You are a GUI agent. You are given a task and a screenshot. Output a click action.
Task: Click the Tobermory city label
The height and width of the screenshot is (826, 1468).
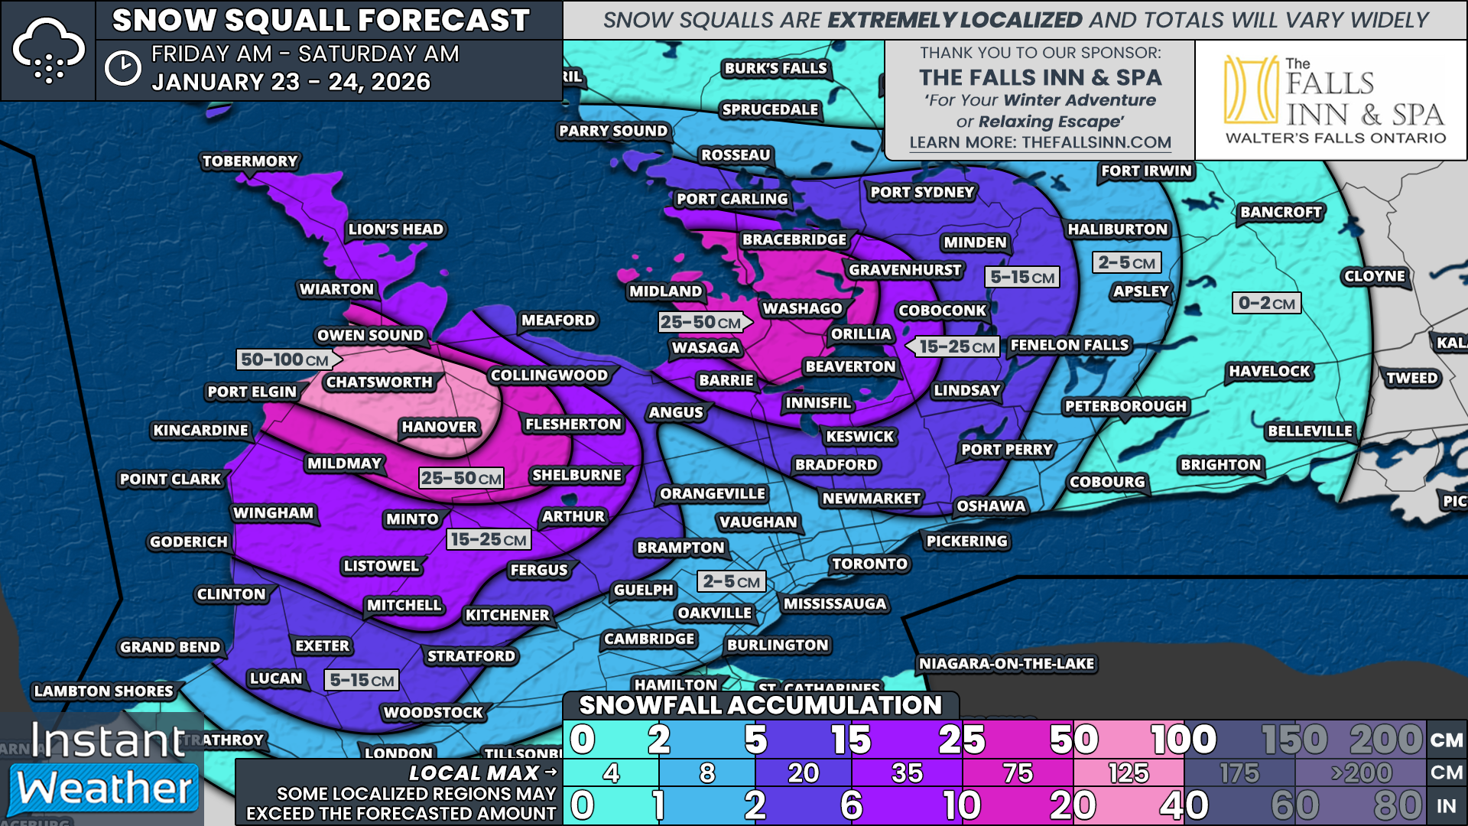(x=250, y=161)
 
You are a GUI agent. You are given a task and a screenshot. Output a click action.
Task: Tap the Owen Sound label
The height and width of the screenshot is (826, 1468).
(x=370, y=335)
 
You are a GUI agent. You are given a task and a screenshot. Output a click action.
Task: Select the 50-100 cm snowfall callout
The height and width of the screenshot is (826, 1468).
(x=285, y=359)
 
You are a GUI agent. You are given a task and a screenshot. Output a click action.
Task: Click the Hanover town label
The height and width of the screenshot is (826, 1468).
(x=439, y=427)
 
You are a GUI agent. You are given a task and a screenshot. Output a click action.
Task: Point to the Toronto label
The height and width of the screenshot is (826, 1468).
(x=869, y=564)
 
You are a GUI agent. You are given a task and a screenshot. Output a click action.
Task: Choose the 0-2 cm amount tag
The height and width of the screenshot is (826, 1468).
(x=1266, y=303)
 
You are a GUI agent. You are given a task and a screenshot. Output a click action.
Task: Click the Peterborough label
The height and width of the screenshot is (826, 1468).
(x=1125, y=406)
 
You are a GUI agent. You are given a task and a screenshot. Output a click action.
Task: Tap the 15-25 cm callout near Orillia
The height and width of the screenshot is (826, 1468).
(x=956, y=346)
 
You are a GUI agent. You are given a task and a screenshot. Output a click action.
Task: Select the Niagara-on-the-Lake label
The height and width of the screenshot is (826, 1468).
(x=1006, y=663)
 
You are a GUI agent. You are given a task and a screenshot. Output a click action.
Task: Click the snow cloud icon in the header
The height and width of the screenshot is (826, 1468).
(x=48, y=50)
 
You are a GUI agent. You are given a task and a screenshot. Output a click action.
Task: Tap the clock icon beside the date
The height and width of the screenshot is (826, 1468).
(x=122, y=68)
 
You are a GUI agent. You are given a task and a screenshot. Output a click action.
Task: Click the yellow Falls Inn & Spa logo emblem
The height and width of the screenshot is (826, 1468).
(x=1251, y=89)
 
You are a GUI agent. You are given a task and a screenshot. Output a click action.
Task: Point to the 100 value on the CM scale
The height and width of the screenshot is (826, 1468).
(x=1183, y=740)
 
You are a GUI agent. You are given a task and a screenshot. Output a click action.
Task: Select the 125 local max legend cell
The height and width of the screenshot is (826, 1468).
(x=1129, y=773)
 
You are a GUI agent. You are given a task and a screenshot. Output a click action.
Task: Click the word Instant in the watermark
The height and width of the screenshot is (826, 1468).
(x=108, y=740)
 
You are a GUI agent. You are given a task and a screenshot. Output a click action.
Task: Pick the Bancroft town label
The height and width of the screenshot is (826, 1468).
(x=1281, y=212)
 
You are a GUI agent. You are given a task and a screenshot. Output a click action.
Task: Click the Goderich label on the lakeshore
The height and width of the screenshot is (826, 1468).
(x=189, y=541)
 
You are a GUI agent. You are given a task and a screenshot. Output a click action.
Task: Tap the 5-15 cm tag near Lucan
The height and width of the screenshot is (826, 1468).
(x=362, y=680)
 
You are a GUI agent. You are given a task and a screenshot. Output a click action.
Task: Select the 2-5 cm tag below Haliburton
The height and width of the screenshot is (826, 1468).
(x=1126, y=262)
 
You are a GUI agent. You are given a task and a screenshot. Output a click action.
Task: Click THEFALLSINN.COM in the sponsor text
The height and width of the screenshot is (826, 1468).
(x=1096, y=142)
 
